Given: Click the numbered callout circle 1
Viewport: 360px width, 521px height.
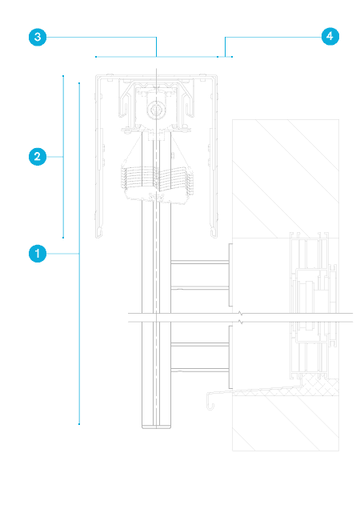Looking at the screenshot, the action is [38, 254].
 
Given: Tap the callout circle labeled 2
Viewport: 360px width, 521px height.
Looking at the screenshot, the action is [38, 157].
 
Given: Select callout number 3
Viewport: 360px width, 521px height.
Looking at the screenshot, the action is [38, 37].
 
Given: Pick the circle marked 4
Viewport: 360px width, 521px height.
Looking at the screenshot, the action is [330, 36].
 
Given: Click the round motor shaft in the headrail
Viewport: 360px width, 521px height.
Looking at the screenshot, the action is [155, 110].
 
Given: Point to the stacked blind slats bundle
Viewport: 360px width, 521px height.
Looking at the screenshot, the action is [157, 182].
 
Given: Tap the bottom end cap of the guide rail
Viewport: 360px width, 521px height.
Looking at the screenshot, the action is [157, 427].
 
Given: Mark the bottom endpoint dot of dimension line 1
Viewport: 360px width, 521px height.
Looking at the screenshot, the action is [79, 424].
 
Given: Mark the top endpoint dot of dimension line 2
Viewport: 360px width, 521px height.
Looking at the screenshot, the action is [63, 76].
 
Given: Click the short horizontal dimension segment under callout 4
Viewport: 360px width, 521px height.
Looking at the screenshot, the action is [225, 57].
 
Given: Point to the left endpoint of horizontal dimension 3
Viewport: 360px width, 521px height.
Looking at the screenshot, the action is [96, 57].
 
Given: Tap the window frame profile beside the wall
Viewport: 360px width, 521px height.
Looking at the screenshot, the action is [314, 306].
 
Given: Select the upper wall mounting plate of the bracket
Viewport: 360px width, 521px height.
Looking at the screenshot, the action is [230, 275].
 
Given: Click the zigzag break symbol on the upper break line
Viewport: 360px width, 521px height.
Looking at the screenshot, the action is [241, 314].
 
